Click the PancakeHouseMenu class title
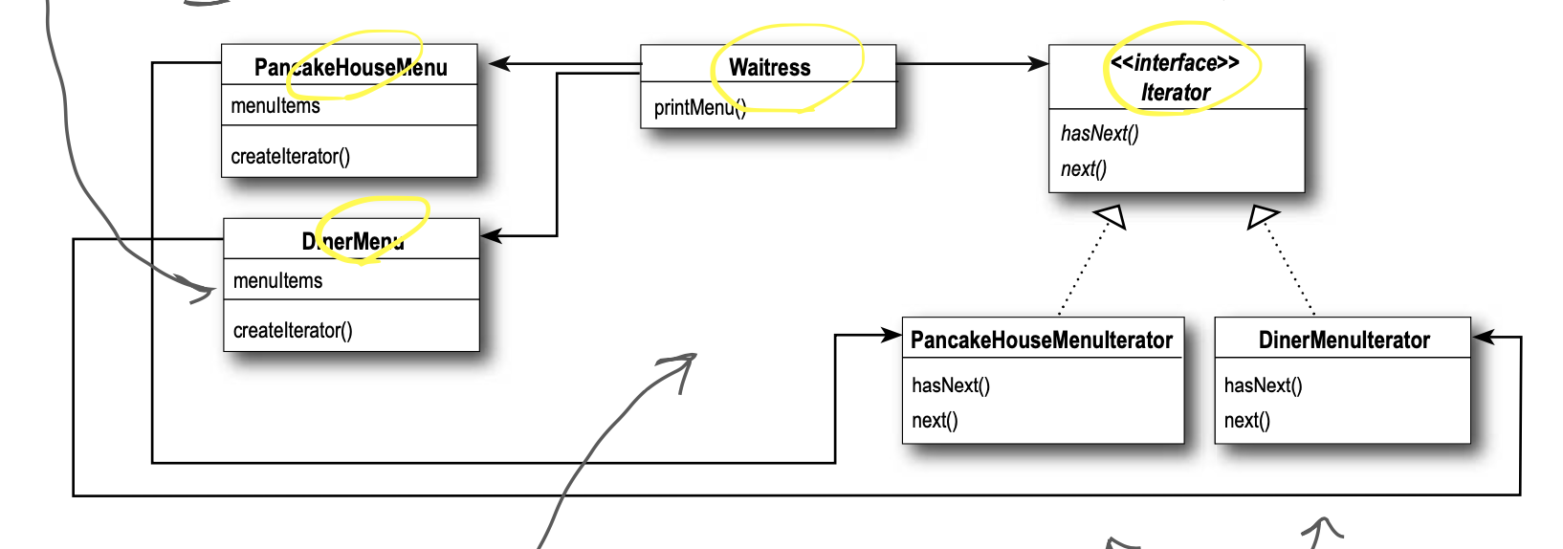(350, 67)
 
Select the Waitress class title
(769, 67)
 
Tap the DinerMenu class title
(353, 241)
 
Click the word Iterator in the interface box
(1175, 93)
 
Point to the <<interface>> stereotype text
(1175, 63)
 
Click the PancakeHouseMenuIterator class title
(1041, 340)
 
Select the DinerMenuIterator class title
(1343, 340)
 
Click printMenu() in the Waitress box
(699, 107)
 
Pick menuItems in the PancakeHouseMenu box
(275, 105)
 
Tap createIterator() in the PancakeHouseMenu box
(290, 156)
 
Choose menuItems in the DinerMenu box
(277, 280)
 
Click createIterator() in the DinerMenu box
(293, 330)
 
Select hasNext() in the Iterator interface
(1099, 133)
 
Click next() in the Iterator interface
(1083, 169)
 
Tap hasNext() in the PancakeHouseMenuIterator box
(951, 385)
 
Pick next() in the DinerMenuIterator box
(1246, 421)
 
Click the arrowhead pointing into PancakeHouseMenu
(498, 64)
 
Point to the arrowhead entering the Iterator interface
(1038, 64)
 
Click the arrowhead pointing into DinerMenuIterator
(1483, 337)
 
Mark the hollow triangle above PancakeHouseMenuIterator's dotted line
(1111, 217)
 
